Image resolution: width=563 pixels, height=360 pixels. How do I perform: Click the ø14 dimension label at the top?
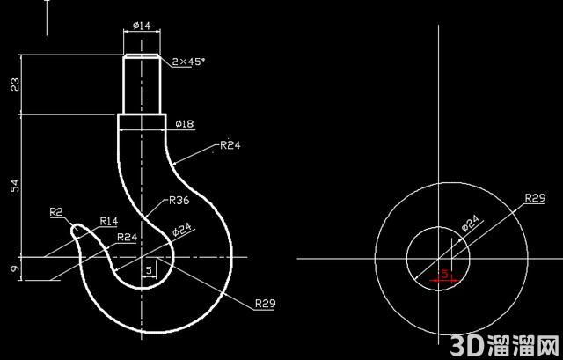pos(142,26)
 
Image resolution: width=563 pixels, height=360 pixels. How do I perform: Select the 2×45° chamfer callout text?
pos(188,62)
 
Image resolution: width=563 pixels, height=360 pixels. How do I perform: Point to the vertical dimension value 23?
pos(15,84)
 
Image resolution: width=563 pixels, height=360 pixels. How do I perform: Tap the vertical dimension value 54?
pos(15,186)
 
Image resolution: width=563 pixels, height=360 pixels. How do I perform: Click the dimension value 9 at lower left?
pos(15,268)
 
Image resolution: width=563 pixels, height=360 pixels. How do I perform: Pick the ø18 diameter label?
pos(185,124)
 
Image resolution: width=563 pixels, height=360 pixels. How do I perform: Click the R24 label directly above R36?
pos(230,145)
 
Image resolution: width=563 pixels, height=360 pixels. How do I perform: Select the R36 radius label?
pos(179,200)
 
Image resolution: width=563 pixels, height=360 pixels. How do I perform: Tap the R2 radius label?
pos(56,212)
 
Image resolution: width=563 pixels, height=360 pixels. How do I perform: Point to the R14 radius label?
pos(109,221)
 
